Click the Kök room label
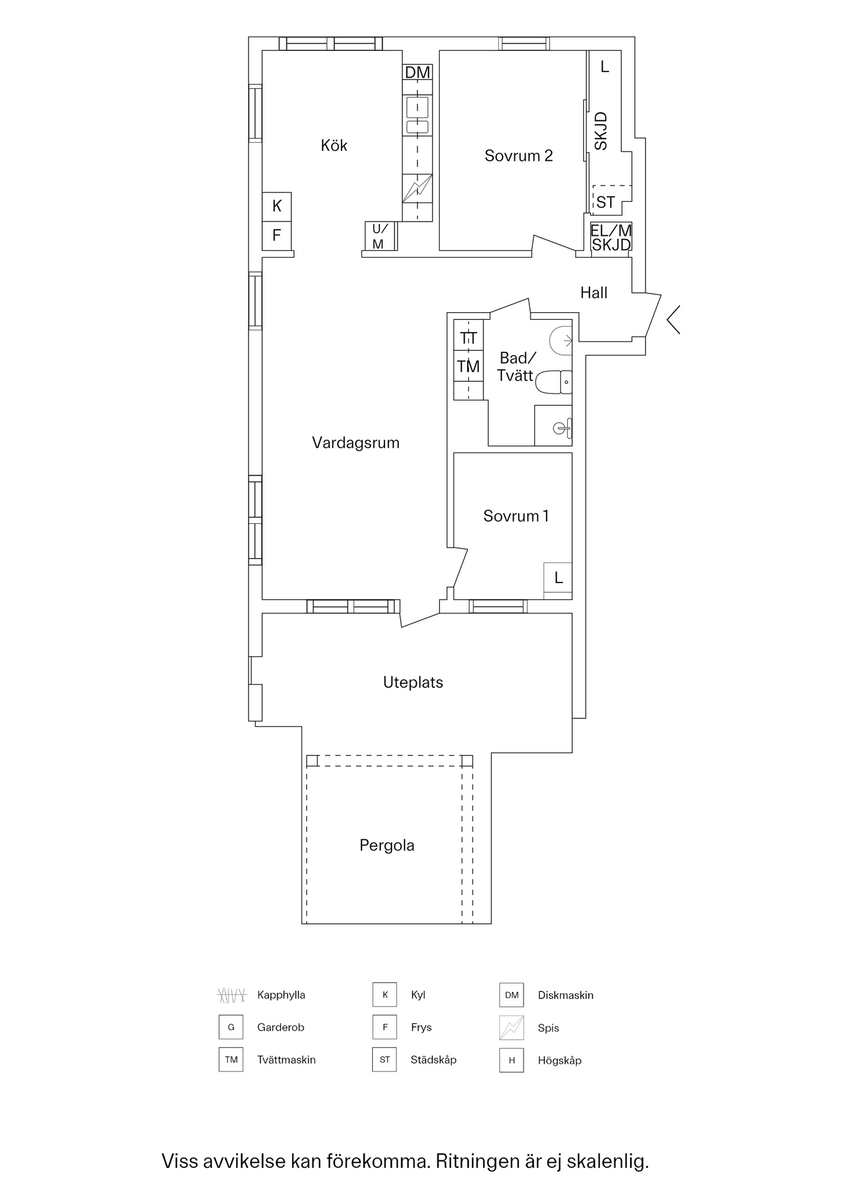[x=334, y=145]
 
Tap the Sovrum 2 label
[x=519, y=155]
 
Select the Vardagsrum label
[x=355, y=443]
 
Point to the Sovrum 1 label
[x=516, y=516]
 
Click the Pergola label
[x=387, y=846]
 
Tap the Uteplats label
[x=413, y=683]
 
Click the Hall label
[x=594, y=293]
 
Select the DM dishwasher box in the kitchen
[x=417, y=73]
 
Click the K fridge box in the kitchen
[x=277, y=207]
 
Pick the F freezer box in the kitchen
[x=277, y=236]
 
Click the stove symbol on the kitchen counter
[x=417, y=189]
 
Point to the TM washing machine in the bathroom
[x=468, y=366]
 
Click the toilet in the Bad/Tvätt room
[x=554, y=382]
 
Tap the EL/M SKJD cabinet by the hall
[x=611, y=237]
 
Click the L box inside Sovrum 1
[x=558, y=578]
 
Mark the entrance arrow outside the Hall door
[x=673, y=320]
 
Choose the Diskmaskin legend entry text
[x=565, y=995]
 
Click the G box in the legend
[x=230, y=1027]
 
